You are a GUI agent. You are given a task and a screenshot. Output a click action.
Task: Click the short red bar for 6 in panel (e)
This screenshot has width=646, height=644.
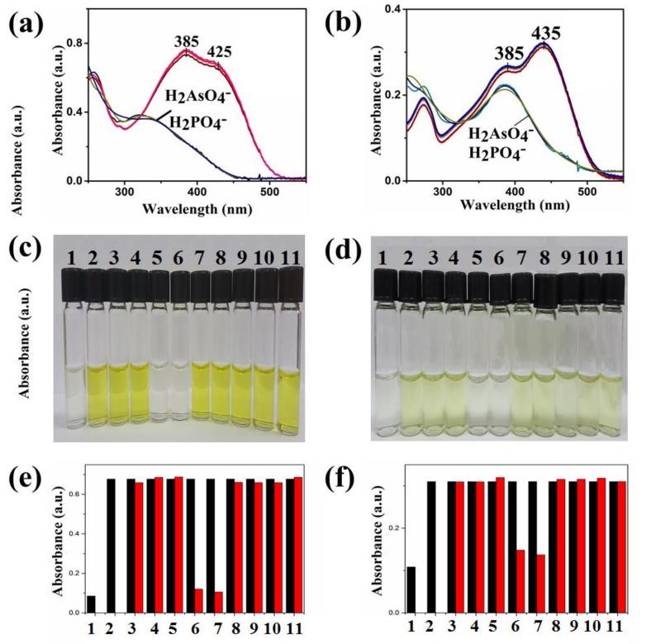[198, 600]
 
